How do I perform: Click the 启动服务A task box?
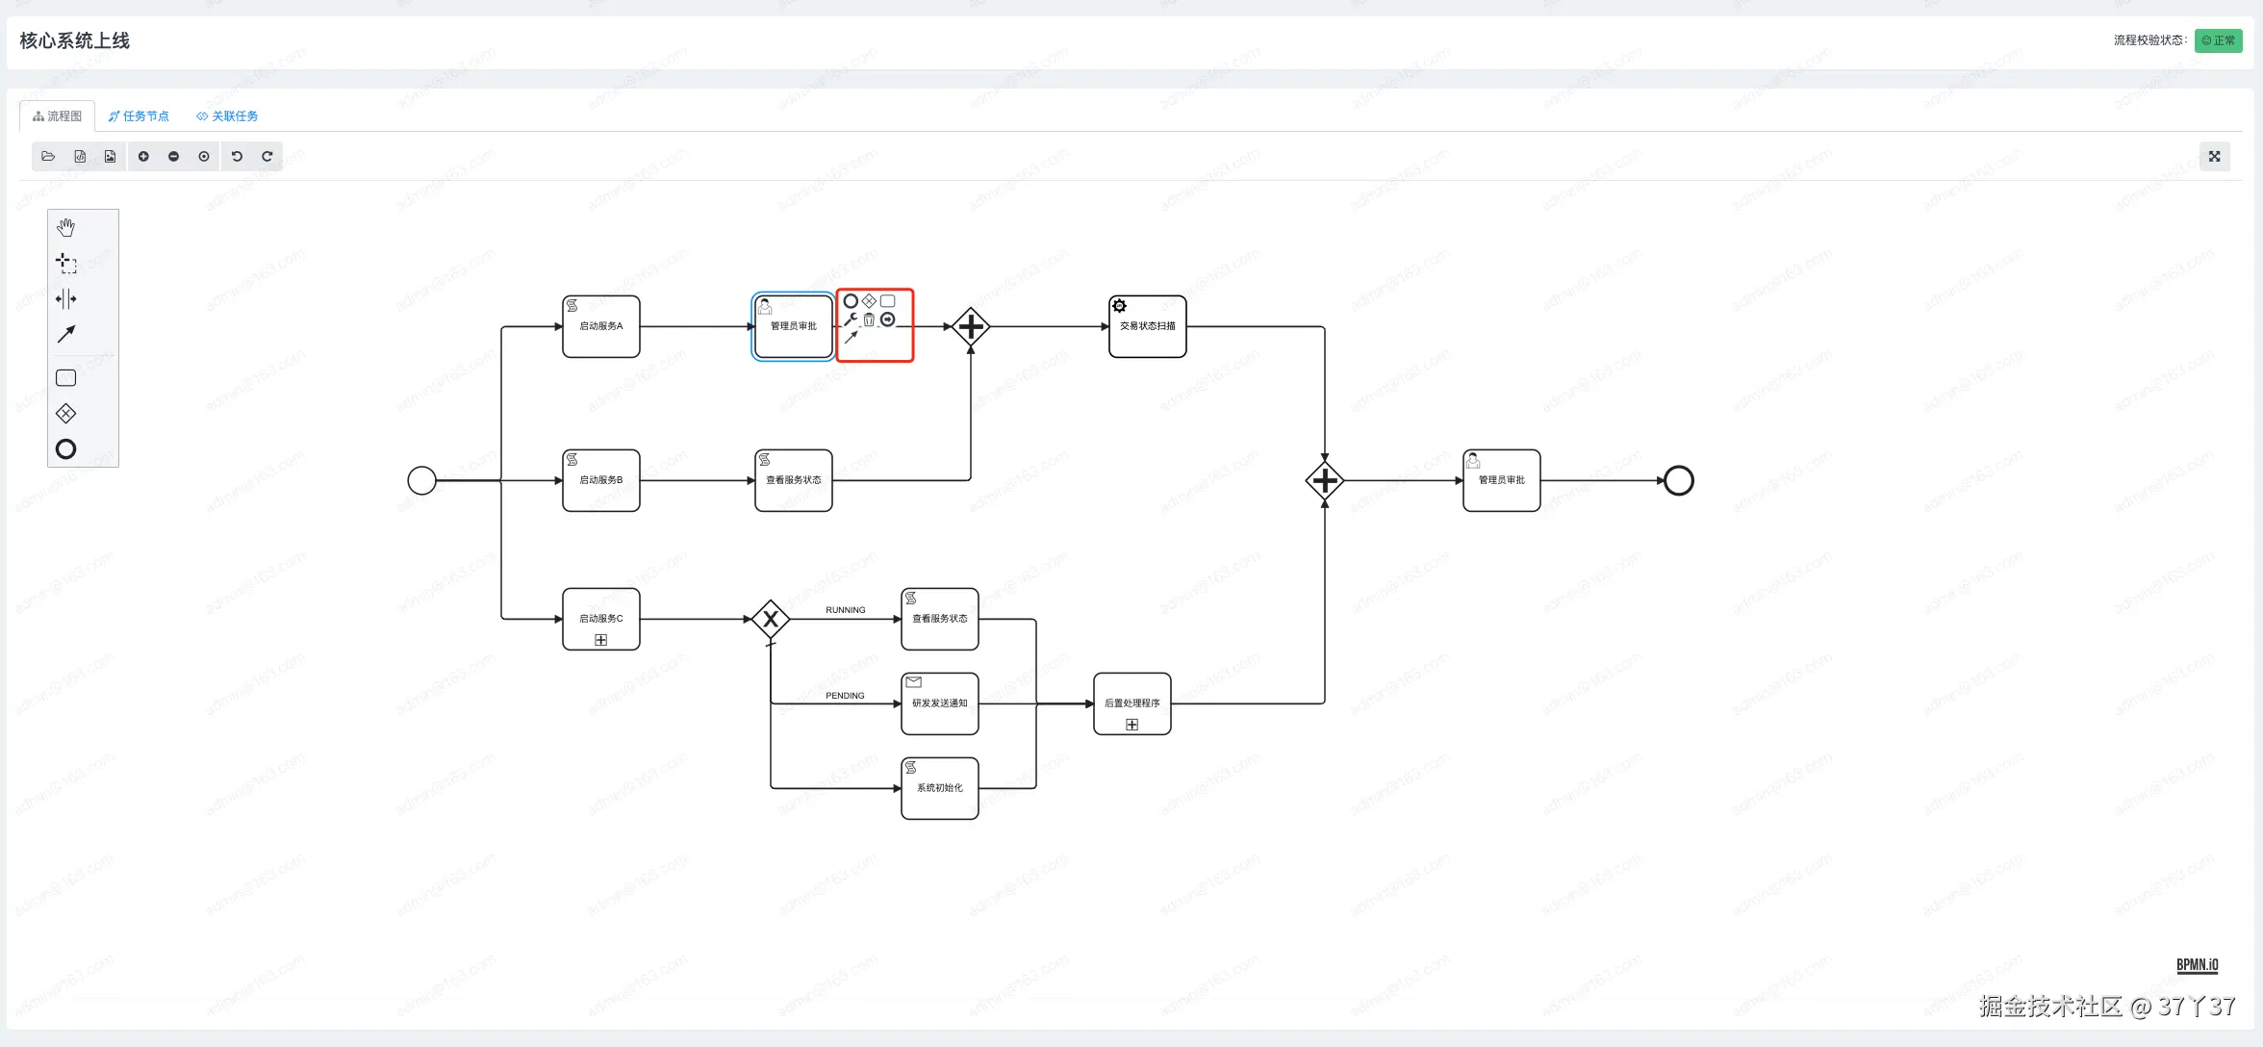pyautogui.click(x=600, y=326)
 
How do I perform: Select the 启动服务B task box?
pyautogui.click(x=600, y=480)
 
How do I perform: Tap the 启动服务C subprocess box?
pyautogui.click(x=600, y=619)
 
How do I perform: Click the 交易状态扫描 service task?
pyautogui.click(x=1147, y=326)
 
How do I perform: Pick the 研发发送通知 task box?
pyautogui.click(x=939, y=703)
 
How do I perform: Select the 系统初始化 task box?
pyautogui.click(x=939, y=788)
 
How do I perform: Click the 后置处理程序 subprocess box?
pyautogui.click(x=1131, y=703)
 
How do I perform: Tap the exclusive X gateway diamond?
pyautogui.click(x=771, y=619)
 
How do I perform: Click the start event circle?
pyautogui.click(x=421, y=480)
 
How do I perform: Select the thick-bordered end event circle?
pyautogui.click(x=1678, y=480)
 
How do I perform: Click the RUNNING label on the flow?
pyautogui.click(x=845, y=610)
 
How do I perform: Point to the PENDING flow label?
pyautogui.click(x=845, y=696)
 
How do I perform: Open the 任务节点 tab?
pyautogui.click(x=139, y=116)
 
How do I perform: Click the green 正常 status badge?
pyautogui.click(x=2218, y=40)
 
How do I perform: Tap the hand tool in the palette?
pyautogui.click(x=65, y=228)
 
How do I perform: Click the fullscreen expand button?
pyautogui.click(x=2214, y=157)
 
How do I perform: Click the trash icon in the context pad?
pyautogui.click(x=869, y=319)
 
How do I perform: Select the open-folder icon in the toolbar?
pyautogui.click(x=48, y=157)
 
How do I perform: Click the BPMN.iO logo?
pyautogui.click(x=2197, y=965)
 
